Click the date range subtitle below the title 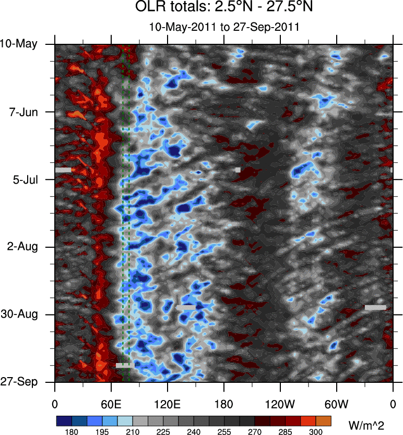pyautogui.click(x=223, y=27)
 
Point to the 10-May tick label pyautogui.click(x=19, y=44)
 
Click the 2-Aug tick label pyautogui.click(x=22, y=247)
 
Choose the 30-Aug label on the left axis pyautogui.click(x=20, y=315)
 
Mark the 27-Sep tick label pyautogui.click(x=20, y=382)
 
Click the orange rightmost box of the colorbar pyautogui.click(x=323, y=420)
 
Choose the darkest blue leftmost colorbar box pyautogui.click(x=63, y=420)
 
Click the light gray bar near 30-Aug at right pyautogui.click(x=375, y=308)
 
